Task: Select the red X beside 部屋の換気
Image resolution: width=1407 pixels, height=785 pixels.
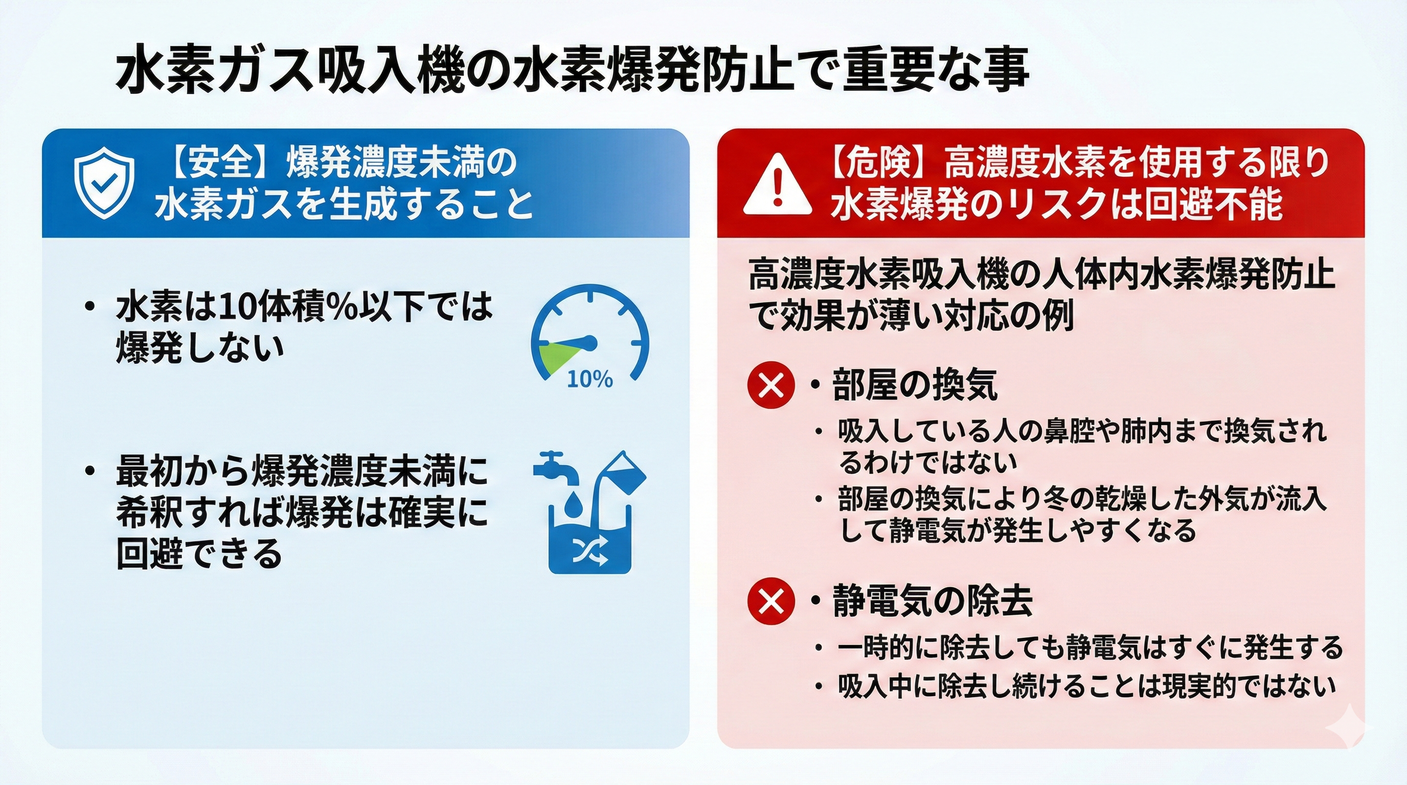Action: [770, 385]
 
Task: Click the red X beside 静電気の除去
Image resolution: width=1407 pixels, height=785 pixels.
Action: [770, 601]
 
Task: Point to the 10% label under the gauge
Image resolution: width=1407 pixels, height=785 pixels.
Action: [589, 379]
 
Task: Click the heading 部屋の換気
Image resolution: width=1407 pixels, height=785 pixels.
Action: [915, 385]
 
